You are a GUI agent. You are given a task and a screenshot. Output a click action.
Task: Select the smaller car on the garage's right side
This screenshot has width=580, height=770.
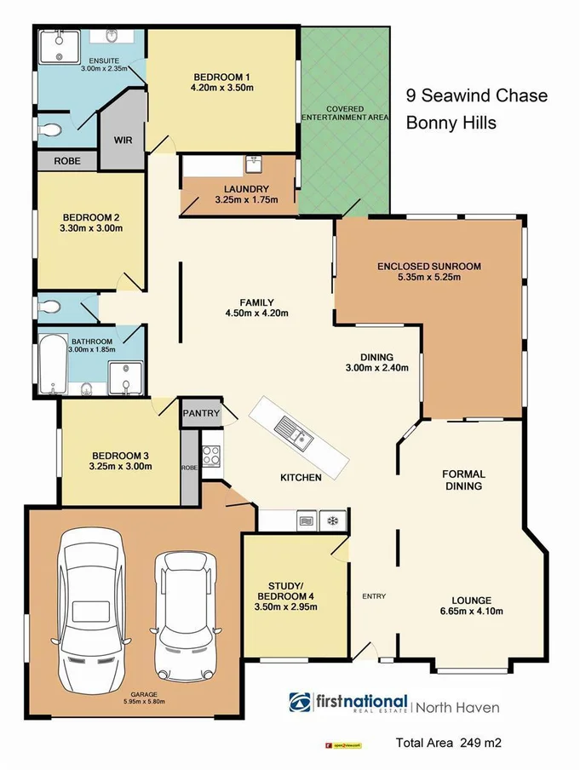point(183,615)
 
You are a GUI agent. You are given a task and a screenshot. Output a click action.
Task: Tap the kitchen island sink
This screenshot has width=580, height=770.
point(298,437)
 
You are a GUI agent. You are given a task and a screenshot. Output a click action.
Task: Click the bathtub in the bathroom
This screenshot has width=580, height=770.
point(53,363)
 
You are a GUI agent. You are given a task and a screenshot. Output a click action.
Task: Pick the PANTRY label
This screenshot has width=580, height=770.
point(202,414)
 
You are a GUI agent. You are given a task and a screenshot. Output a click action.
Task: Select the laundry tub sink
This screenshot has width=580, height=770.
point(253,164)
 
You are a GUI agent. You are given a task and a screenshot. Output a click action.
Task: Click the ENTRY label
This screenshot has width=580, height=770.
point(374,595)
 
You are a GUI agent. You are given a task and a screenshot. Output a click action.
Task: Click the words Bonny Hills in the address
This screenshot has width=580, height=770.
point(451,123)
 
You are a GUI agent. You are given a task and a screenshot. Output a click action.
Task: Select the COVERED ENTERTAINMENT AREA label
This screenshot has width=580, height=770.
point(344,113)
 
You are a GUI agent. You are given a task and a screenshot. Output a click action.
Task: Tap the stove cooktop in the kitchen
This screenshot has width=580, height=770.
point(212,456)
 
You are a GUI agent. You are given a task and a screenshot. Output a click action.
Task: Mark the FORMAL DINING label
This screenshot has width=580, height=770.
point(463,480)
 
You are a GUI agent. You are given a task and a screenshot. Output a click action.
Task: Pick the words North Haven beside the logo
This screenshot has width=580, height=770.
point(458,706)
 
